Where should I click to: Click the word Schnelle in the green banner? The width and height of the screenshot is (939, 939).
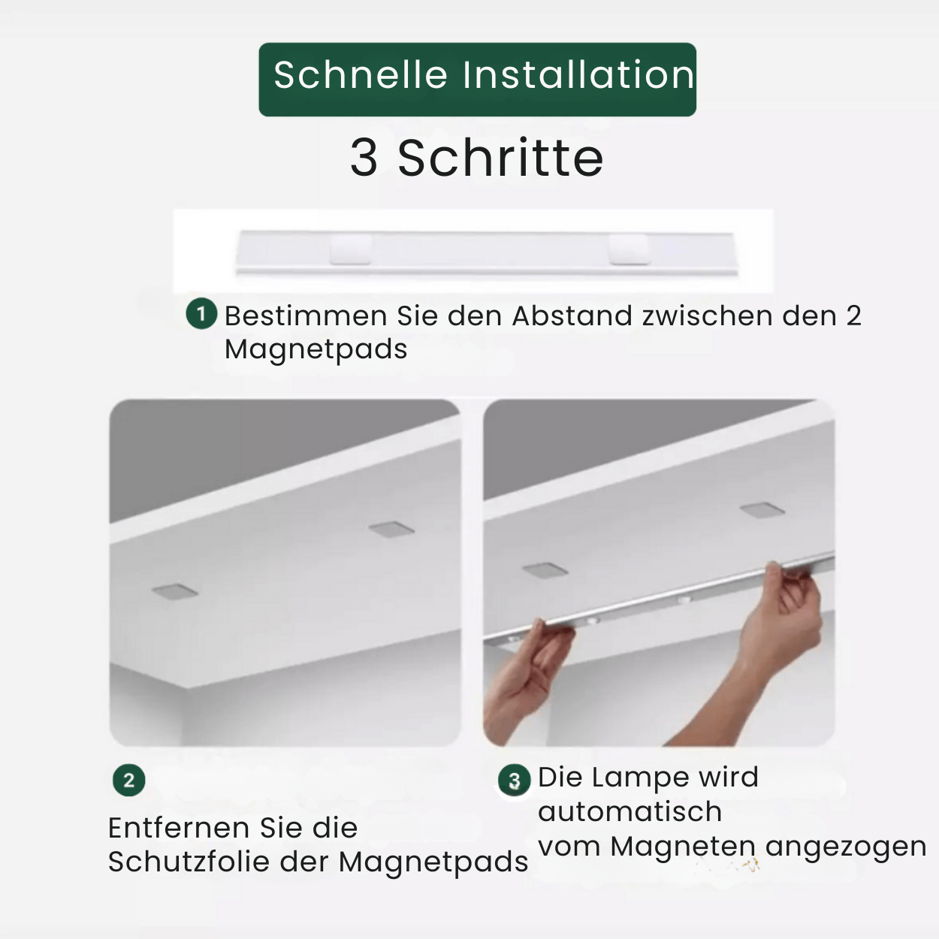tap(361, 75)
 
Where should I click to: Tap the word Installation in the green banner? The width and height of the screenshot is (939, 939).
tap(578, 75)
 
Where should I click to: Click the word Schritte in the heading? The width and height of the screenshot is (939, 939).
tap(500, 158)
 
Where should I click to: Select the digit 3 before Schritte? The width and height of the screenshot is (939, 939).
tap(364, 158)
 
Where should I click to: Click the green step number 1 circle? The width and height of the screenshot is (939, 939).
tap(201, 313)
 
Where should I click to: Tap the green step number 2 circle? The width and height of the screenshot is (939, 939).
tap(128, 780)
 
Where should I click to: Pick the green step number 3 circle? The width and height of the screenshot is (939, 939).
tap(514, 780)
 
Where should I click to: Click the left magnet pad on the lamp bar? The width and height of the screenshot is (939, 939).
tap(351, 249)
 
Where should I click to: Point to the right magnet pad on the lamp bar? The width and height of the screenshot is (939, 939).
tap(629, 249)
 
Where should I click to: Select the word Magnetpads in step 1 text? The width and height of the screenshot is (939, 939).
tap(316, 349)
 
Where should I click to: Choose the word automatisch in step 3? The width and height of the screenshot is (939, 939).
tap(630, 811)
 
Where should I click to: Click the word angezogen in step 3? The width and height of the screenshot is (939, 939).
tap(846, 847)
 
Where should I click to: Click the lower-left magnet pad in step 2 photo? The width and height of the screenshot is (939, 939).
tap(174, 591)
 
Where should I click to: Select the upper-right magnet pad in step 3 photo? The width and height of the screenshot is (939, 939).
tap(762, 510)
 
